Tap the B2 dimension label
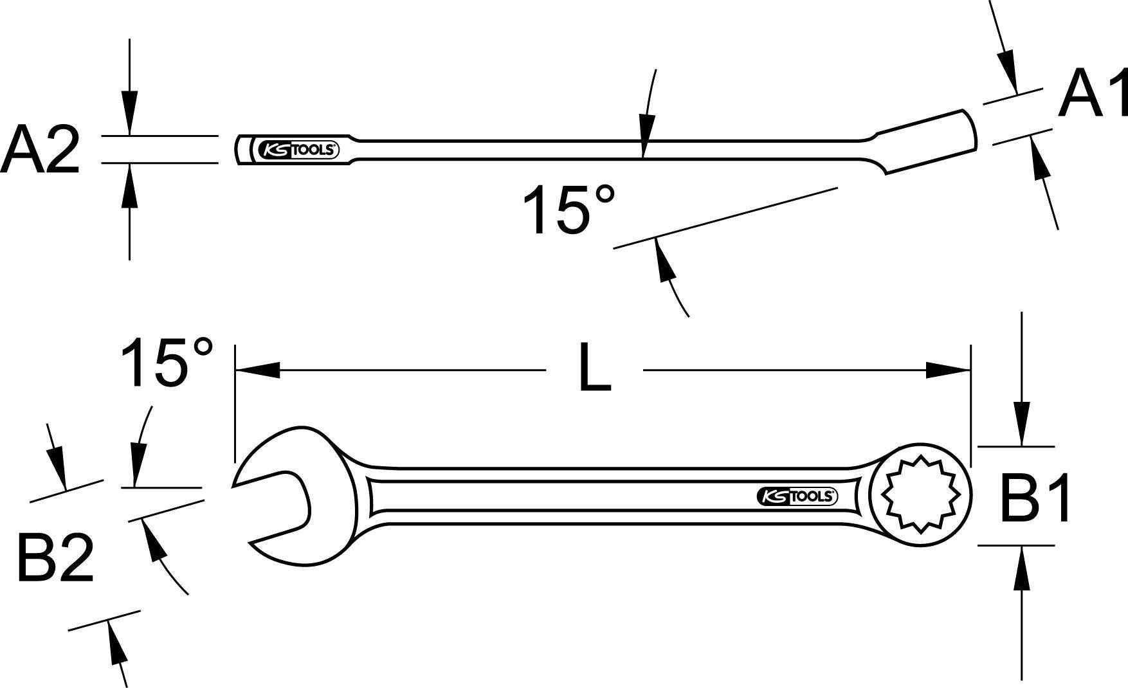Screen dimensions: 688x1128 click(x=55, y=558)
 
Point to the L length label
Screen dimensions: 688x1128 click(x=594, y=368)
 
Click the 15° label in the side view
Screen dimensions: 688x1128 click(x=569, y=210)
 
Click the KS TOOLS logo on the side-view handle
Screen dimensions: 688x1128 click(x=298, y=150)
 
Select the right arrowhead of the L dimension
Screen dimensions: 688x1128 click(x=947, y=370)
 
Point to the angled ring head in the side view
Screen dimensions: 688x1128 click(x=929, y=141)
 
